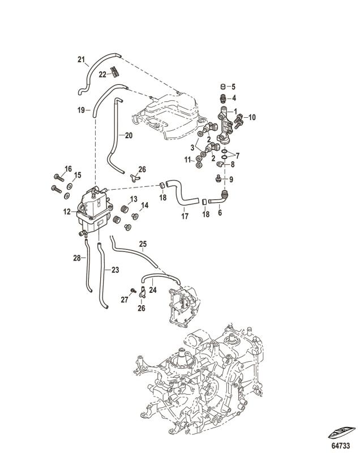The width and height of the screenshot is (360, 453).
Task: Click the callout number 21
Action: point(81,59)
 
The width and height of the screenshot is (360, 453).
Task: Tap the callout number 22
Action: point(102,75)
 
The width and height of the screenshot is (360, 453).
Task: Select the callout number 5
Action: point(233,87)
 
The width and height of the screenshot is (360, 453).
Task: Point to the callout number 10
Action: point(252,117)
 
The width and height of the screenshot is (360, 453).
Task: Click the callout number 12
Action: point(67,212)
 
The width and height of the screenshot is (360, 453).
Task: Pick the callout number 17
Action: point(185,216)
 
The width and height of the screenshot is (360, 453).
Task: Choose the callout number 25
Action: point(143,244)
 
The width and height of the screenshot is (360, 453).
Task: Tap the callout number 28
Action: point(77,258)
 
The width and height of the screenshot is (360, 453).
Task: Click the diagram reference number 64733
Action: point(341,446)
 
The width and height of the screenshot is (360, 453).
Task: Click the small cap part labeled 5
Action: point(223,86)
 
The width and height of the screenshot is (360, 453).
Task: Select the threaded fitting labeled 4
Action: point(223,98)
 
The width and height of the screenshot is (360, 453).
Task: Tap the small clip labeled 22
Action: point(115,72)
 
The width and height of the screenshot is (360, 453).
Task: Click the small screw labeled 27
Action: point(133,290)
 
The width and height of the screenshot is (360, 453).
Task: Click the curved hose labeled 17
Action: point(182,192)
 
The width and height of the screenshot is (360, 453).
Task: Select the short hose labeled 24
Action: point(161,276)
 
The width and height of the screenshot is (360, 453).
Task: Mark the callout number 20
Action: point(128,135)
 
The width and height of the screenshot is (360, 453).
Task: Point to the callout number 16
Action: point(68,169)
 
